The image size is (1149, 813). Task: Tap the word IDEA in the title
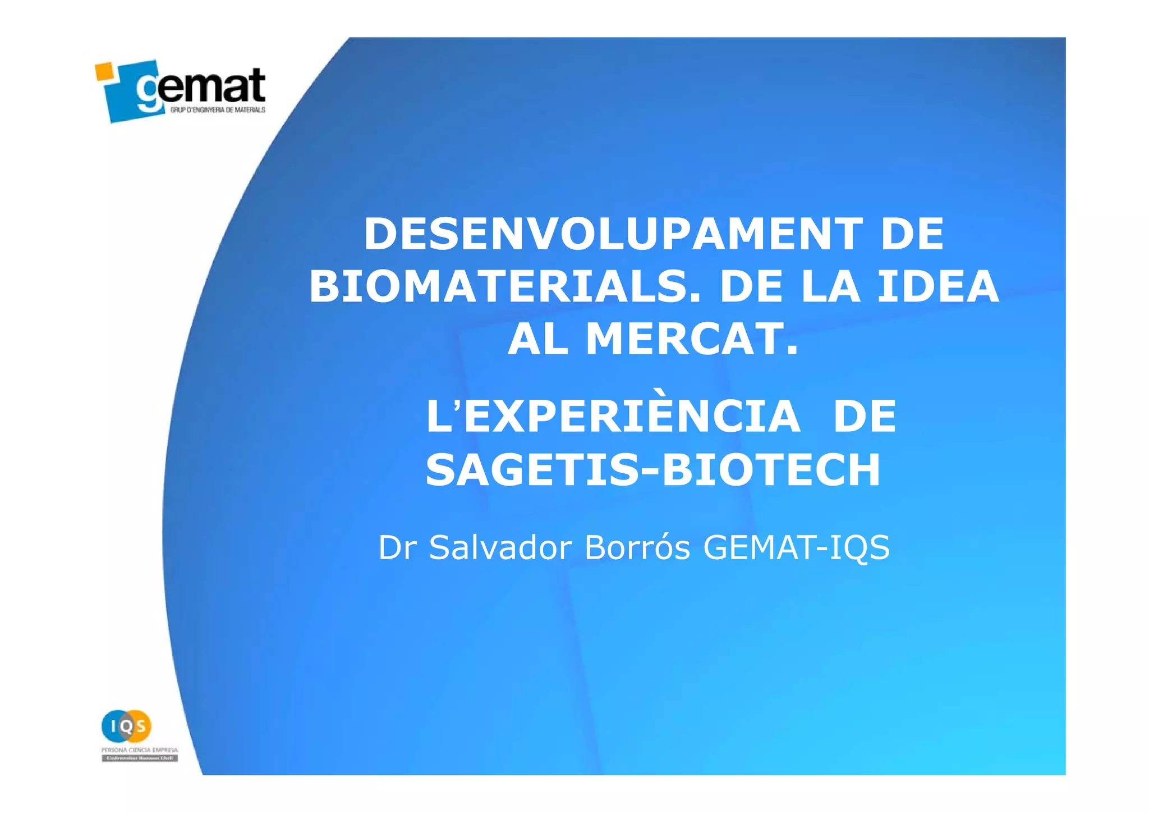tap(938, 287)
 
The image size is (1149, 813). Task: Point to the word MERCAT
tap(692, 340)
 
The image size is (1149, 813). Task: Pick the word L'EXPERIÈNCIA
tap(613, 417)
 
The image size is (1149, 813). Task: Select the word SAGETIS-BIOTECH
tap(653, 470)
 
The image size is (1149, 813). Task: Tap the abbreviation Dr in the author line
tap(397, 547)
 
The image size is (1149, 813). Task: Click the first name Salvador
tap(500, 547)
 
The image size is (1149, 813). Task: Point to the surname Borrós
tap(637, 547)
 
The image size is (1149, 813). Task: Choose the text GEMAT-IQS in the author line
tap(796, 547)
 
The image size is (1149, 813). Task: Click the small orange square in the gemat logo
tap(104, 71)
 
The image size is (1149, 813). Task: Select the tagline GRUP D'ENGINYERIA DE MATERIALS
tap(218, 110)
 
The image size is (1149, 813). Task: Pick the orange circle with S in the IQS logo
tap(140, 726)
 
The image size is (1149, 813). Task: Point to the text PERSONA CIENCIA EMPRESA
tap(140, 750)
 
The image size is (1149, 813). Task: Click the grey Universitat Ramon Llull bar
tap(140, 759)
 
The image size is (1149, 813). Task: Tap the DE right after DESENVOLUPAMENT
tap(912, 234)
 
